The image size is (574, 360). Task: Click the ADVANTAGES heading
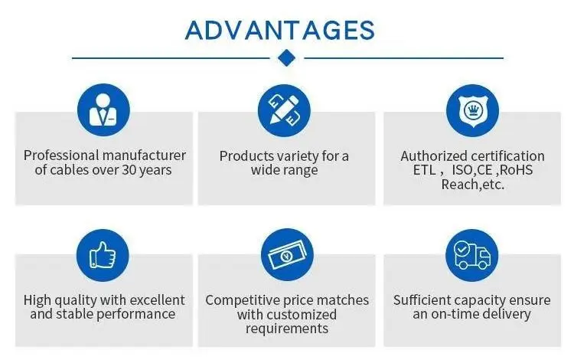tap(280, 30)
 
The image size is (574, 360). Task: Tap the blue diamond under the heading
tap(287, 58)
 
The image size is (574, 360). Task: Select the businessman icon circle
tap(103, 110)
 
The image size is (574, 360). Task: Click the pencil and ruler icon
tap(284, 110)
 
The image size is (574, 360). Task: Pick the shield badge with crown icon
tap(472, 110)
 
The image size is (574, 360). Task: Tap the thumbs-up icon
tap(103, 255)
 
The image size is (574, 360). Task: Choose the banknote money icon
tap(287, 255)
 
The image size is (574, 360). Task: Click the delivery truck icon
tap(472, 255)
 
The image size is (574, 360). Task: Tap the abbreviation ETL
tap(424, 170)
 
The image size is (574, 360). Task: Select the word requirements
tap(287, 329)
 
